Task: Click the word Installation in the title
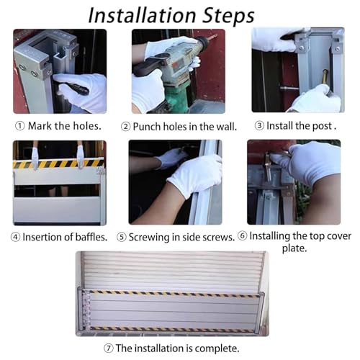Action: tap(142, 15)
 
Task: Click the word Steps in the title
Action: tap(228, 16)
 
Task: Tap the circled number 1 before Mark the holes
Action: tap(20, 126)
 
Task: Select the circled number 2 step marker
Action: tap(125, 127)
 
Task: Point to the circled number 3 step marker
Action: tap(259, 125)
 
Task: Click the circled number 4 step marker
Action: tap(15, 237)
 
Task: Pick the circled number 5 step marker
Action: tap(122, 237)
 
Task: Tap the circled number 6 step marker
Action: tap(243, 236)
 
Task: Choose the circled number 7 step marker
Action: tap(109, 348)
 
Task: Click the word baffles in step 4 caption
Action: tap(91, 237)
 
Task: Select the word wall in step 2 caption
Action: tap(227, 127)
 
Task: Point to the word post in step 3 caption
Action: tap(322, 126)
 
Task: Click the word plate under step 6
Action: tap(294, 248)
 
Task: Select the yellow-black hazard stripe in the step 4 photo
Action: tap(59, 163)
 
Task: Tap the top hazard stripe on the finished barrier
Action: tap(174, 293)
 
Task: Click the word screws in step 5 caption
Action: tap(218, 237)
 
